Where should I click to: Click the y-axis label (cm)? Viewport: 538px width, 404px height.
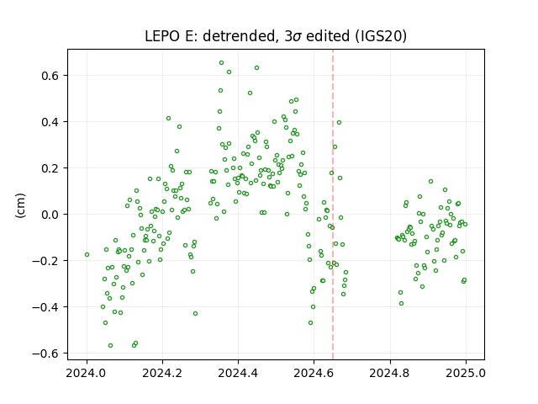pyautogui.click(x=20, y=205)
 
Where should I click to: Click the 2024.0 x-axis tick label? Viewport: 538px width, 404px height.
pyautogui.click(x=87, y=373)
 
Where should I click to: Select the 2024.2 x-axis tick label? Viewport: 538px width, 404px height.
pyautogui.click(x=162, y=373)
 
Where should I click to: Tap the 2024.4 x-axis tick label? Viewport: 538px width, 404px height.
pyautogui.click(x=238, y=373)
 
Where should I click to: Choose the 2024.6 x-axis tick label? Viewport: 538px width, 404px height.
pyautogui.click(x=314, y=373)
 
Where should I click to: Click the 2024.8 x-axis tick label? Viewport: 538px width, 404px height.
pyautogui.click(x=390, y=373)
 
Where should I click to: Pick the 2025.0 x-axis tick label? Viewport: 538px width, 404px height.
pyautogui.click(x=466, y=373)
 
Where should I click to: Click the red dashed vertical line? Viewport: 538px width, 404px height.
pyautogui.click(x=333, y=205)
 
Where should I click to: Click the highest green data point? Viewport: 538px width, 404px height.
pyautogui.click(x=222, y=63)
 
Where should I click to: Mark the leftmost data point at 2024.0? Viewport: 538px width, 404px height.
pyautogui.click(x=87, y=254)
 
